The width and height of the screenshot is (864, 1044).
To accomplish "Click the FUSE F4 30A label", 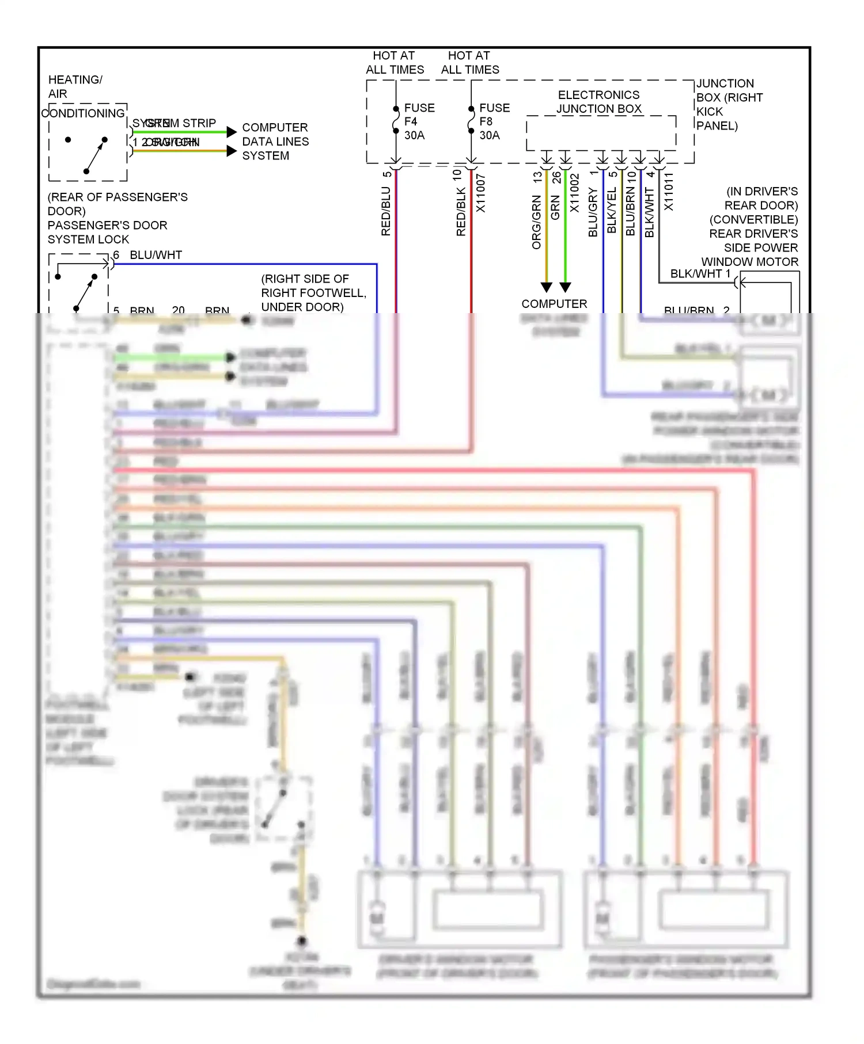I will [x=418, y=121].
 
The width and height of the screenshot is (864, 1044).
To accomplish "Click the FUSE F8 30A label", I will [x=494, y=121].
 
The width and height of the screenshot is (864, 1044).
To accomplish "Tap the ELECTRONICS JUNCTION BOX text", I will [x=598, y=102].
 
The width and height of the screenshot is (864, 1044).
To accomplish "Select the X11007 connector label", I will [x=481, y=193].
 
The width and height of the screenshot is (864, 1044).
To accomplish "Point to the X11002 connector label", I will [x=574, y=193].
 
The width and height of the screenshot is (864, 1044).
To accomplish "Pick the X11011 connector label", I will [x=668, y=192].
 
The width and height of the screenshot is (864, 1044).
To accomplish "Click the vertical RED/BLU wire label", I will [x=386, y=211].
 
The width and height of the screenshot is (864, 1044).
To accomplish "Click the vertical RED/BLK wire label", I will [x=461, y=212].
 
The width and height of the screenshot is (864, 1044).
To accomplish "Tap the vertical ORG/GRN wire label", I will [x=536, y=222].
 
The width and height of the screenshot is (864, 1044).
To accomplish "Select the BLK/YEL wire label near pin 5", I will [x=612, y=211].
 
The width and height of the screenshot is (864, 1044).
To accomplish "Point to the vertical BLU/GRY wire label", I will [x=593, y=212].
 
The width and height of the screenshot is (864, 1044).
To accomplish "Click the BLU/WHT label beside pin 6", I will [x=156, y=255].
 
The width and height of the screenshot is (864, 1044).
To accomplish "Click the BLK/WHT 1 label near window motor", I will [x=700, y=274].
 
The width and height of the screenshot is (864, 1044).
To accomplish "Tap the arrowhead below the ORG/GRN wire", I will [x=547, y=287].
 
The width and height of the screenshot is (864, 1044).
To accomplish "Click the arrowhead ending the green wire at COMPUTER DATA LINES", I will [x=232, y=132].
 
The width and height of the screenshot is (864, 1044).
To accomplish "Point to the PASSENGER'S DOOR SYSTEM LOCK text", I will [x=107, y=232].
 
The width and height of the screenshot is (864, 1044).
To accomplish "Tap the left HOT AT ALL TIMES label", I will [x=395, y=62].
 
